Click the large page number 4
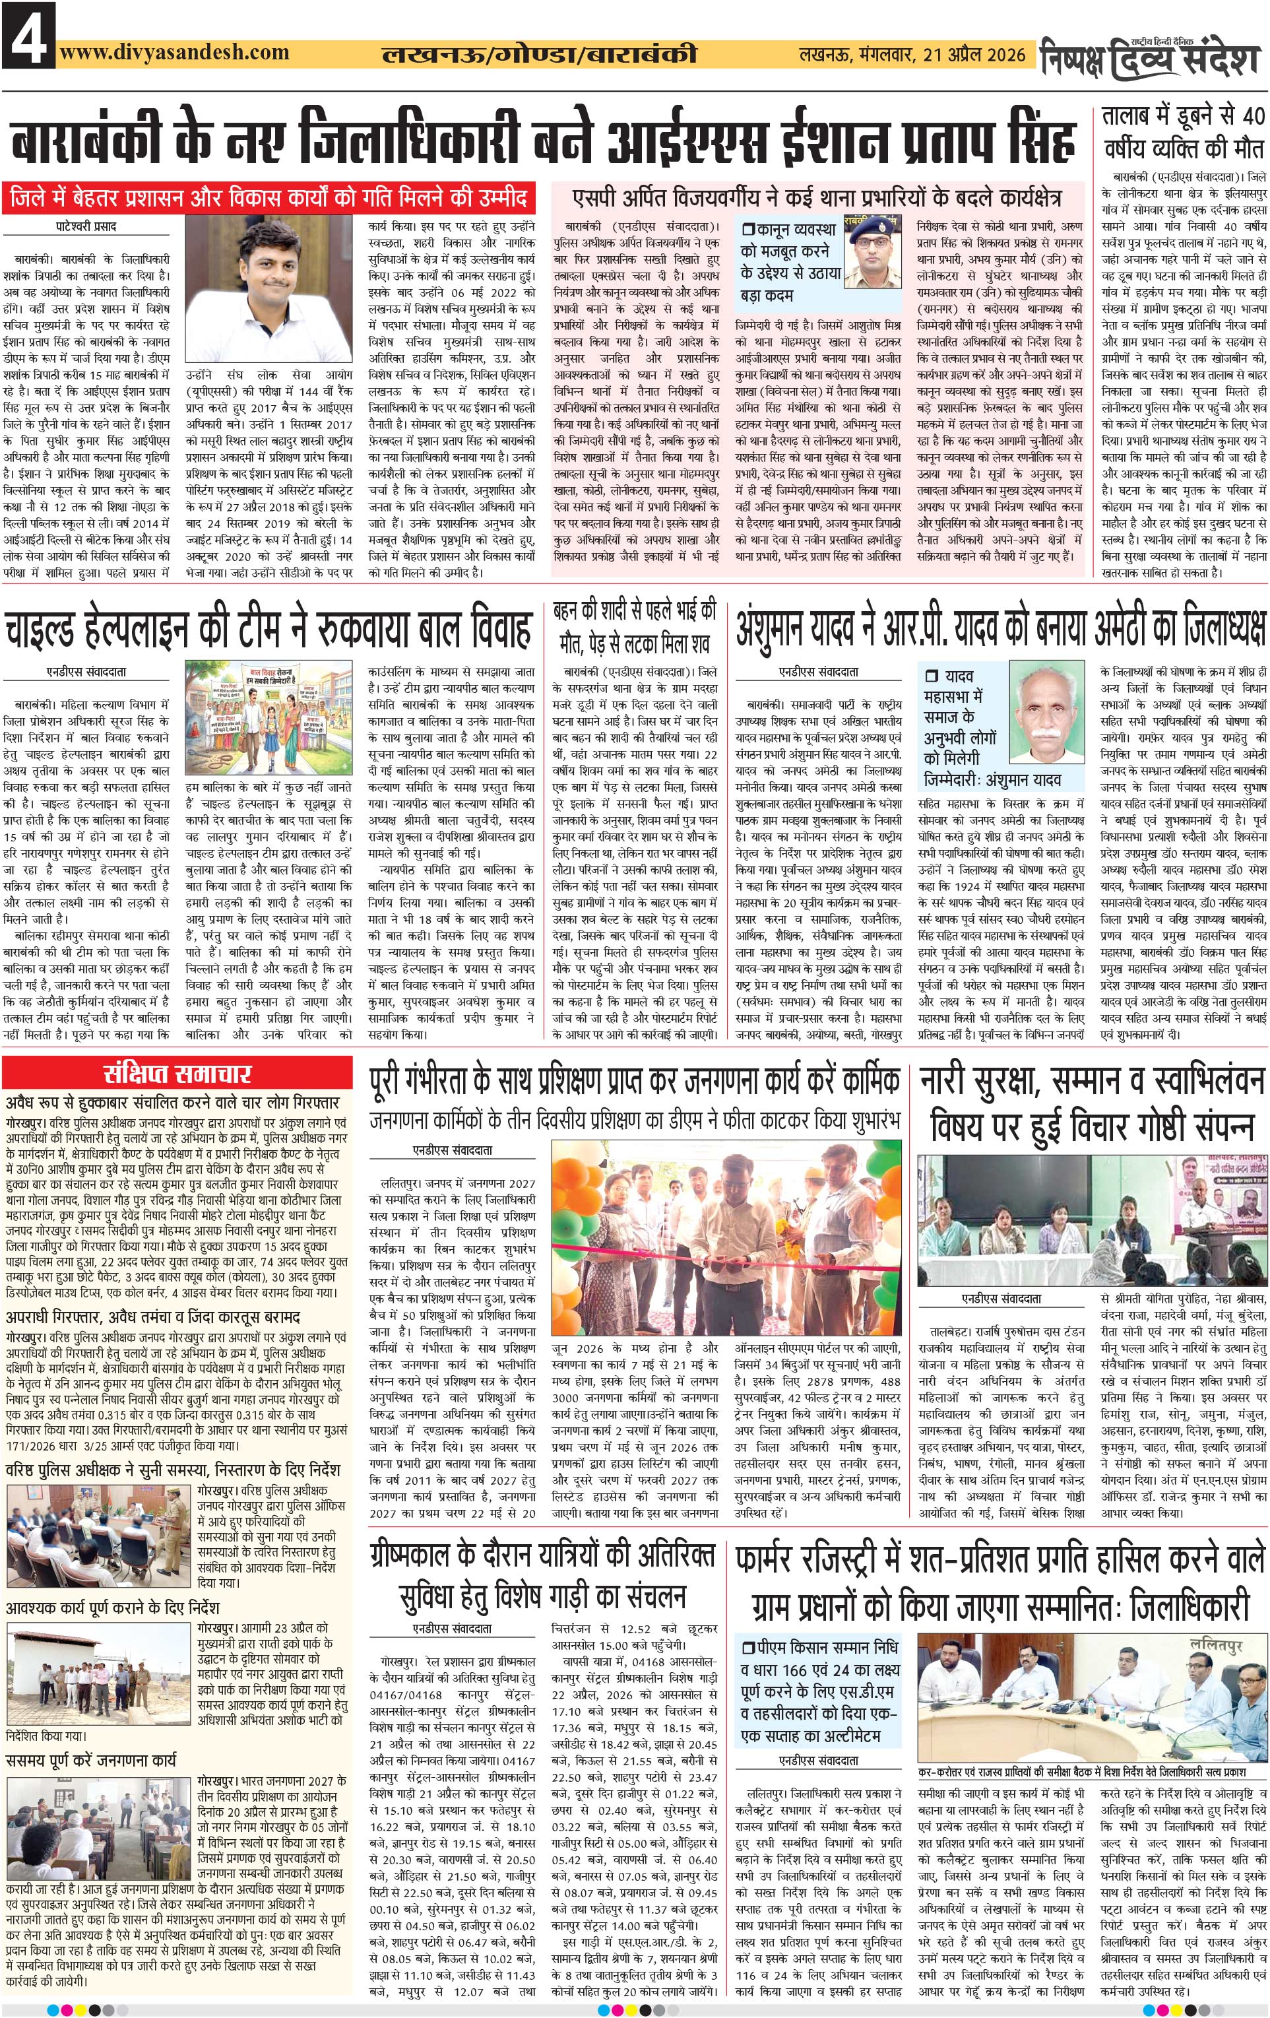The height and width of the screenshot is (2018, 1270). (x=28, y=35)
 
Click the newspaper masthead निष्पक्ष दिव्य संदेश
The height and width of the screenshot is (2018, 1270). (x=1152, y=56)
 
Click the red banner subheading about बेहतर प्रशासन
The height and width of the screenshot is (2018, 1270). (x=268, y=199)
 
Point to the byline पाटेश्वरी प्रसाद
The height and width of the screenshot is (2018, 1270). (x=86, y=226)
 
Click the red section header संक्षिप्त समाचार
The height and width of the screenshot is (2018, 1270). (x=177, y=1073)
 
